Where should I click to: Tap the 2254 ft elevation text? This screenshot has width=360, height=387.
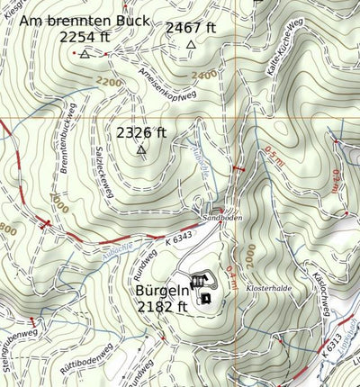(85, 37)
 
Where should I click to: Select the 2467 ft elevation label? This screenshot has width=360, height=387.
(191, 28)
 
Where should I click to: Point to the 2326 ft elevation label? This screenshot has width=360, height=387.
(141, 132)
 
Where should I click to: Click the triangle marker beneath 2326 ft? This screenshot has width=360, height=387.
(141, 149)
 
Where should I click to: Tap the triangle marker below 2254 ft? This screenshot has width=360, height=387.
(85, 55)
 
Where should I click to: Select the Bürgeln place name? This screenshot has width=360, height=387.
(162, 292)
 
